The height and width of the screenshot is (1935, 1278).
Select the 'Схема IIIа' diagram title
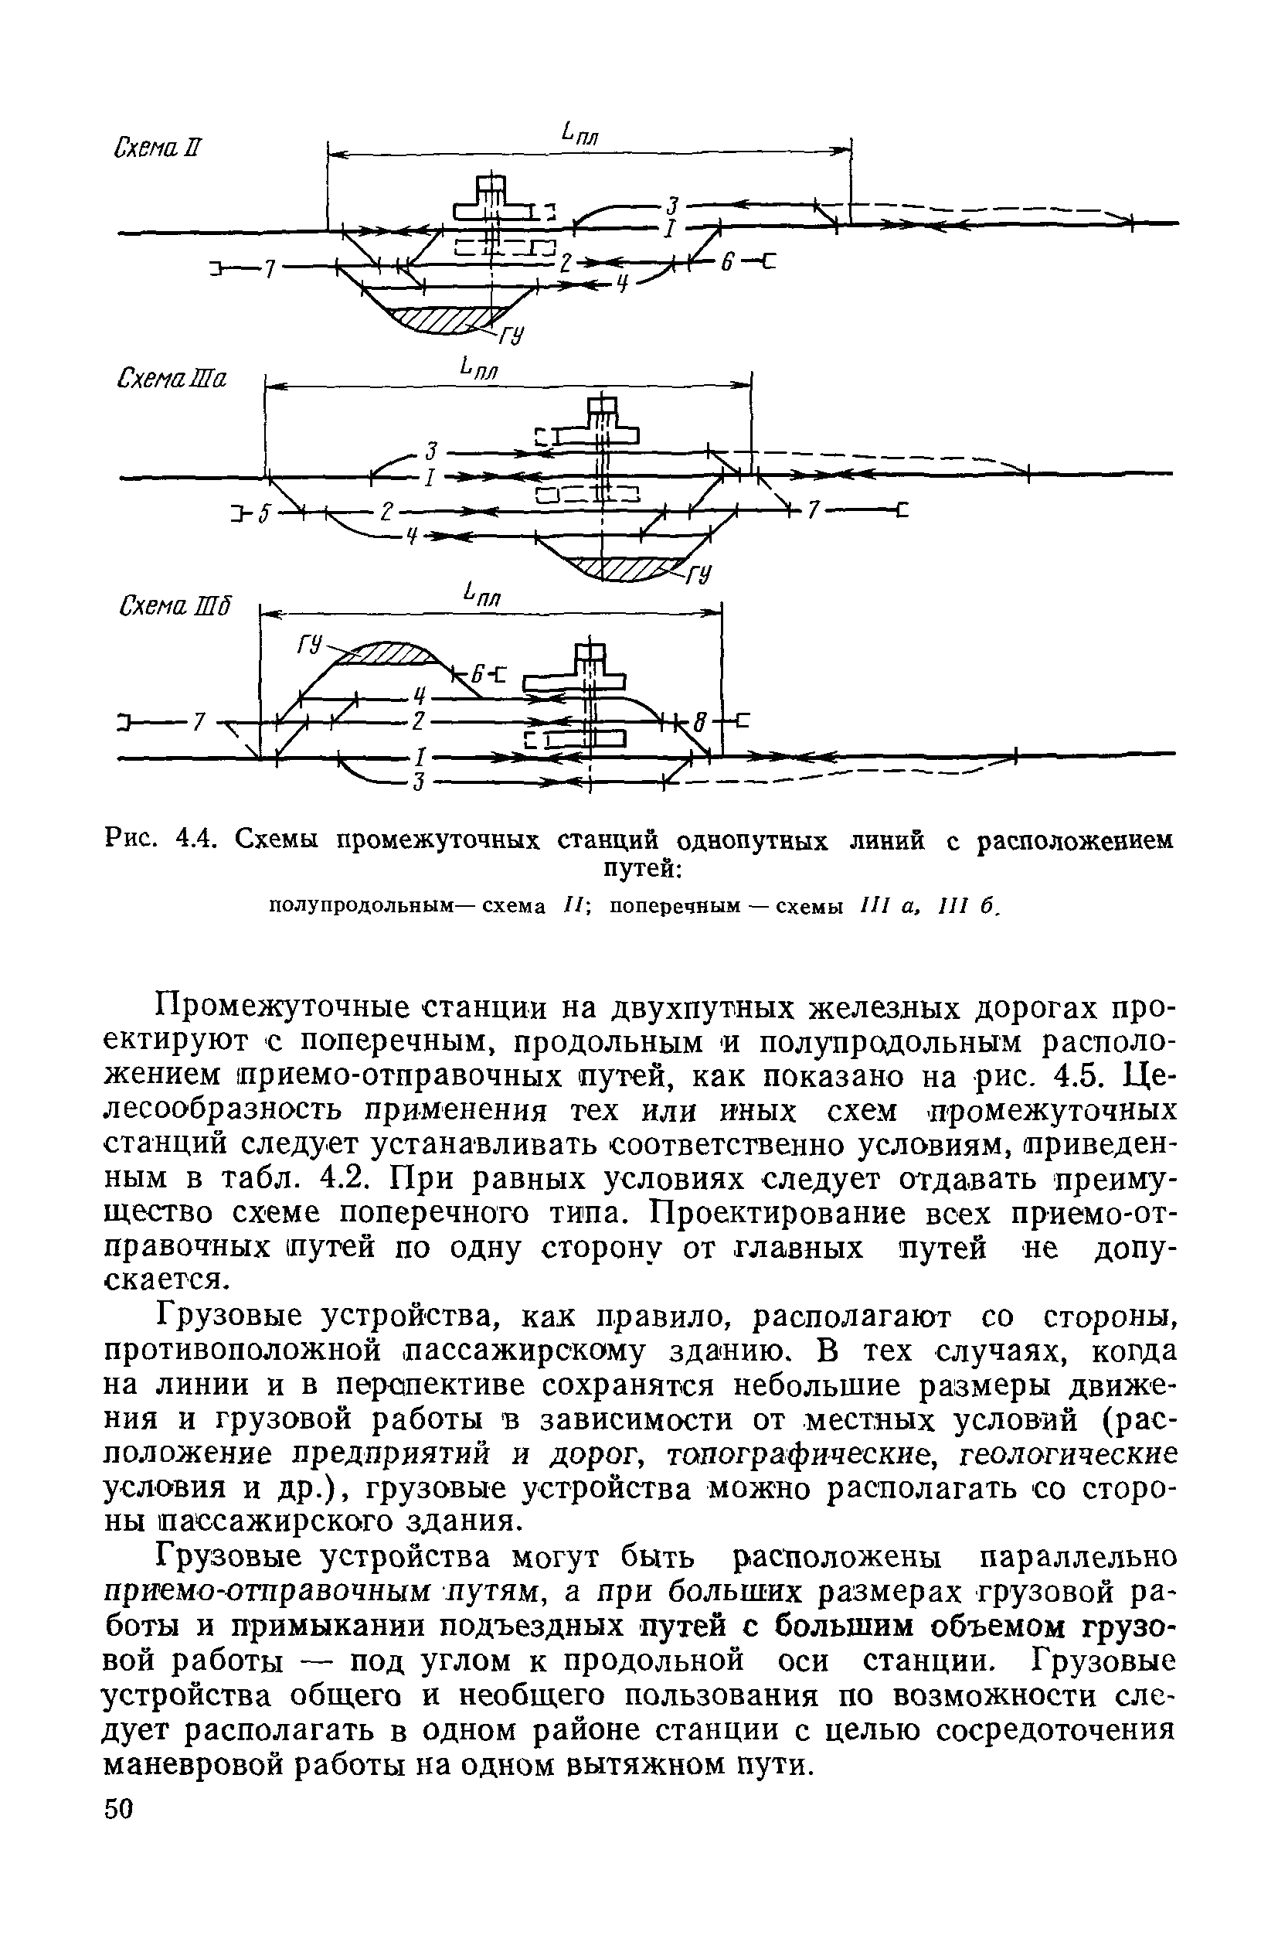(172, 378)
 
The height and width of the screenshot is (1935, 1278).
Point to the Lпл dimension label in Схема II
(580, 133)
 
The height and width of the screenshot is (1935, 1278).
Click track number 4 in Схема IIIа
(413, 537)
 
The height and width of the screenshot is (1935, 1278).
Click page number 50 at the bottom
(118, 1906)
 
